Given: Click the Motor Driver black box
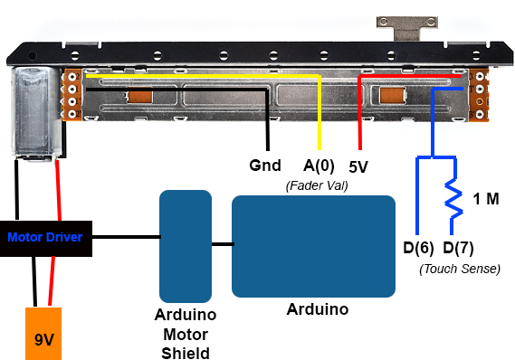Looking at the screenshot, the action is pos(46,239).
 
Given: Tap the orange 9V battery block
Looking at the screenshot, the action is pos(43,334).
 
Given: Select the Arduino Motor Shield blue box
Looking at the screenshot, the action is pos(186,246).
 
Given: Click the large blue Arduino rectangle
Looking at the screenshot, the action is pos(313,246).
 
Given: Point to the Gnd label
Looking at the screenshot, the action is pos(265,165).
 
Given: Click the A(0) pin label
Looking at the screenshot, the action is pos(319,166).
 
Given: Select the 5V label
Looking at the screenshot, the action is pos(358,166).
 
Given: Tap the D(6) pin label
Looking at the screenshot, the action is pos(418,248).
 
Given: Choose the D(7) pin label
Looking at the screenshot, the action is pos(458,248).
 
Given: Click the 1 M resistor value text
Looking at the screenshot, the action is pos(486,199).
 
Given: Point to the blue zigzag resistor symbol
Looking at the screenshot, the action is pos(453,198).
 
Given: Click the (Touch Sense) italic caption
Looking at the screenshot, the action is pos(460,270).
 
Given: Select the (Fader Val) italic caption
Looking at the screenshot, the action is pos(317,185).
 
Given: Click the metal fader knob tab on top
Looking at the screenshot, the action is pos(407,28).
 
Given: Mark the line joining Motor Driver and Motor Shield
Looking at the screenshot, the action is pos(127,237).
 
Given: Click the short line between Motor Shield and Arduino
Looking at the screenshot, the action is pos(223,244).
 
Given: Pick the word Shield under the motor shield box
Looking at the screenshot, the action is pos(186,354).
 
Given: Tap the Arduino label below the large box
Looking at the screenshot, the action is pos(318,309).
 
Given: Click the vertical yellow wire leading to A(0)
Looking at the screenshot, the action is pos(319,112).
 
